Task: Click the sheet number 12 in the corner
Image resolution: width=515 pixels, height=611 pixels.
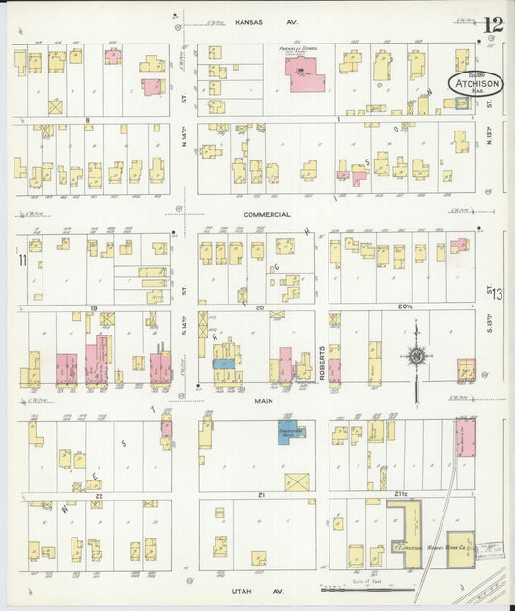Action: coord(494,25)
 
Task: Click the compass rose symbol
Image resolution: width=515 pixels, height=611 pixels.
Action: coord(415,357)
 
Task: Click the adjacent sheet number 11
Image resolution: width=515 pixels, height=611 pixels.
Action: coord(21,259)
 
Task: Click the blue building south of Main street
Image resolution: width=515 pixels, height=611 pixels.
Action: coord(291,430)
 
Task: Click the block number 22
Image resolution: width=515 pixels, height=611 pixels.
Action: coord(98,494)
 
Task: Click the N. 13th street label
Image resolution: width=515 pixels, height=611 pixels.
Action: coord(489,135)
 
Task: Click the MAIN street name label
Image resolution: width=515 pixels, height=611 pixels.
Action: coord(261,400)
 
